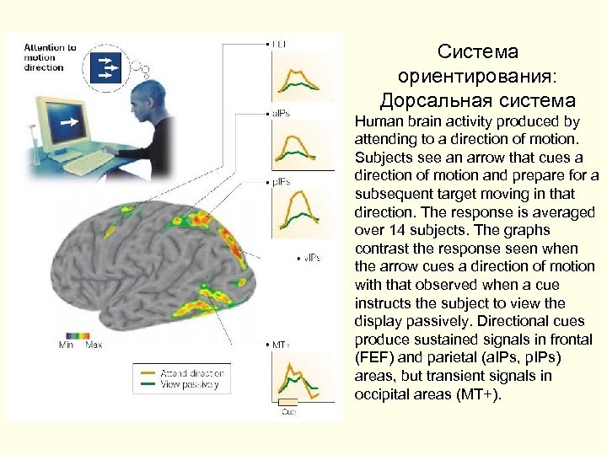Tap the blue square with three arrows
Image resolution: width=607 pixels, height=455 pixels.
106,68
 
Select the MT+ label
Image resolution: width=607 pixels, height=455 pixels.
281,345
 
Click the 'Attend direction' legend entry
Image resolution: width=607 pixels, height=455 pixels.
186,372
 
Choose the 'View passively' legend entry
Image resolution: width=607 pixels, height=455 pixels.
186,384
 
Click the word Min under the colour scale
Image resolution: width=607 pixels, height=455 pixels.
66,345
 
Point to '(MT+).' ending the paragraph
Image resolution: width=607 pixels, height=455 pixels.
479,393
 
